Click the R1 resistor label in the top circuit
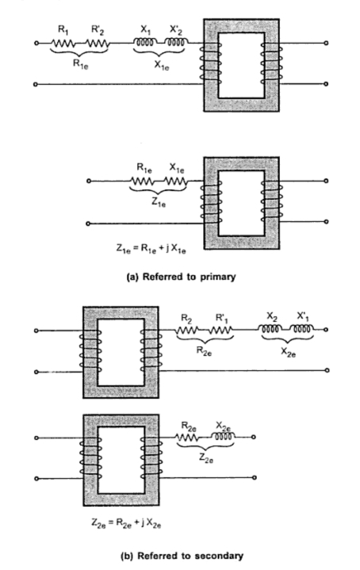[63, 30]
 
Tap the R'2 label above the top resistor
[98, 30]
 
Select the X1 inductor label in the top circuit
[146, 30]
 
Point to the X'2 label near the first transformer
[176, 30]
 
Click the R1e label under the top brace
[80, 64]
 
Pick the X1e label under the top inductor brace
[162, 65]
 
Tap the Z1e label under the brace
[159, 202]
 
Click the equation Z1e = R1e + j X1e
[151, 249]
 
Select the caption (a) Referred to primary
[181, 277]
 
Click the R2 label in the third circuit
[186, 319]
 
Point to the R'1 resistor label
[221, 319]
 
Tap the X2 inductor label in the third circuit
[272, 316]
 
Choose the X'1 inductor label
[303, 316]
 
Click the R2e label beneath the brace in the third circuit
[204, 351]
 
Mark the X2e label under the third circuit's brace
[289, 353]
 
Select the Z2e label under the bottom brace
[206, 459]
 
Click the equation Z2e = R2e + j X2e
[126, 523]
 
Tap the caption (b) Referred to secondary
[182, 556]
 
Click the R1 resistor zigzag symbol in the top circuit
[63, 44]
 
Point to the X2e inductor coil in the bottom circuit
[223, 436]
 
